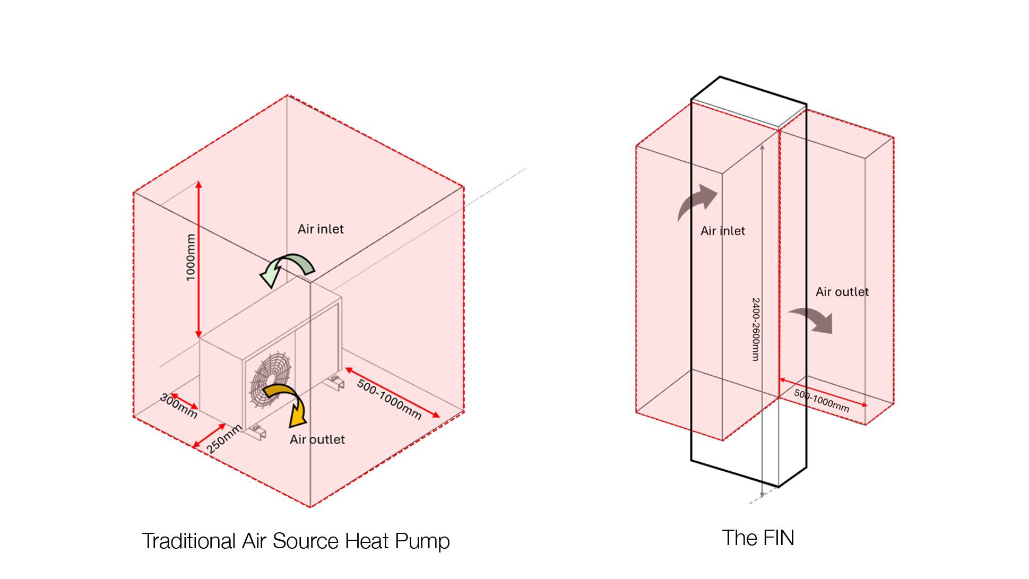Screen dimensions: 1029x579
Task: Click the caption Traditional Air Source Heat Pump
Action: coord(296,541)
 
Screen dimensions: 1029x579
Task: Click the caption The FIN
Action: coord(757,538)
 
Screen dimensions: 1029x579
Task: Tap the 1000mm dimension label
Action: coord(191,257)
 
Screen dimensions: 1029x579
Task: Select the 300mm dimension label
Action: coord(179,406)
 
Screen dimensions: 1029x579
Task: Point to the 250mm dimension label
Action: coord(224,438)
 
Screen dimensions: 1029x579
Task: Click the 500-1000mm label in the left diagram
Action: coord(389,399)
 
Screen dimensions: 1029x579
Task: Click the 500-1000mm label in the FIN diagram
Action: coord(822,401)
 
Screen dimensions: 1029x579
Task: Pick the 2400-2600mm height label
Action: coord(756,329)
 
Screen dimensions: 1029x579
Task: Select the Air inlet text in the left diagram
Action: coord(321,229)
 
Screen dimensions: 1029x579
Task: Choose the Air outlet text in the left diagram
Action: coord(317,439)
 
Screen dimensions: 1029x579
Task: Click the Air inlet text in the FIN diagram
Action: coord(723,231)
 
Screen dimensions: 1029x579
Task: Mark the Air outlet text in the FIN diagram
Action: coord(842,292)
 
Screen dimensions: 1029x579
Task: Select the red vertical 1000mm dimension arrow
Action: coord(198,260)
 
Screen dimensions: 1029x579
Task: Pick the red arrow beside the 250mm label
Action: coord(209,436)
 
